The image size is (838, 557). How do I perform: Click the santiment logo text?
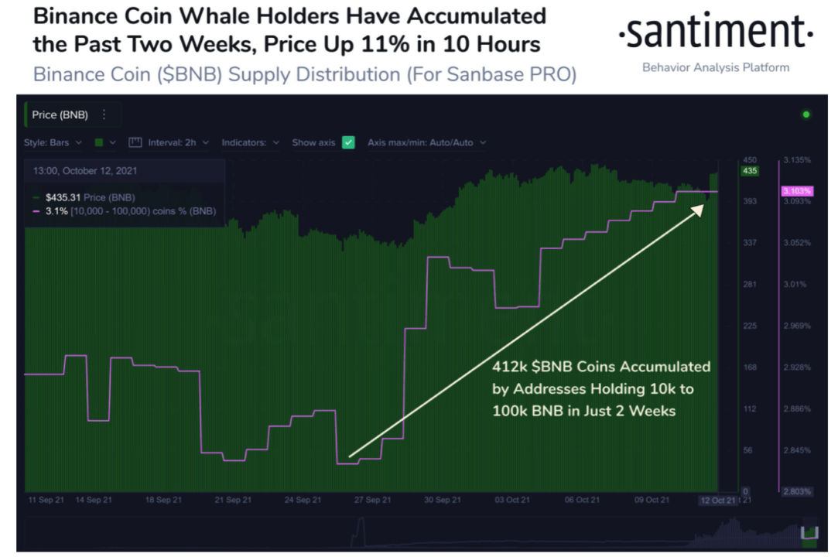click(716, 35)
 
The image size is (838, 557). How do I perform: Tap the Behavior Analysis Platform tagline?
click(716, 67)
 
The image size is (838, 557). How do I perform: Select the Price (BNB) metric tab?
click(60, 114)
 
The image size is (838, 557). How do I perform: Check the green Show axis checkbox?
click(348, 143)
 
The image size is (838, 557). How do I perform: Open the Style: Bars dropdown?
click(53, 143)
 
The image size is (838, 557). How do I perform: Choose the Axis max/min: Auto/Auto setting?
click(426, 143)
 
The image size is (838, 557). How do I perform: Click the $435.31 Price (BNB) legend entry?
click(81, 197)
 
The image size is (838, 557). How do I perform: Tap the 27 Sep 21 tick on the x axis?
click(373, 500)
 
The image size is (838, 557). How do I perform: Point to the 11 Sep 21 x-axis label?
click(46, 500)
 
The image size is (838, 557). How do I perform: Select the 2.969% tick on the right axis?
click(797, 326)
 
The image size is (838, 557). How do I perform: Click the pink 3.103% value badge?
click(796, 191)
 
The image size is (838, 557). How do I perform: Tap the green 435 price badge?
click(749, 170)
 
